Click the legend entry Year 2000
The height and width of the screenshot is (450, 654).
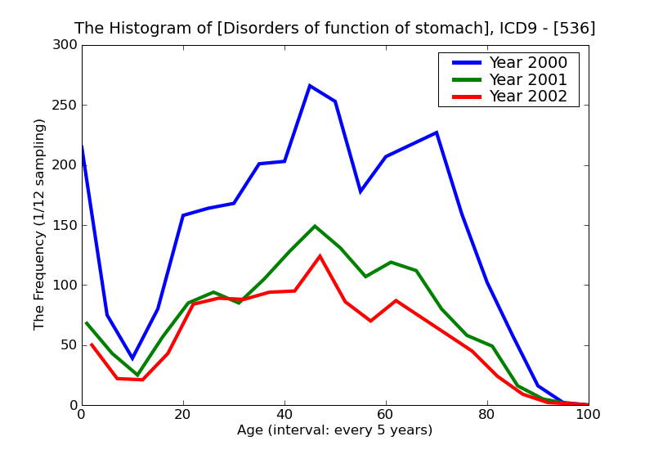(x=527, y=63)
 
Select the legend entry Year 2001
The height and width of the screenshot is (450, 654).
(x=527, y=79)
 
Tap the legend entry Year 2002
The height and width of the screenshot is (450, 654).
(x=527, y=97)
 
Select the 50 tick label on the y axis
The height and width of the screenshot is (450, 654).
(x=69, y=345)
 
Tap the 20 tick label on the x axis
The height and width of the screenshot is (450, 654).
(x=183, y=415)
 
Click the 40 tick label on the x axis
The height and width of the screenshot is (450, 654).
(x=284, y=415)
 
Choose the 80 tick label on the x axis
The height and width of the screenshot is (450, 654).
(x=487, y=415)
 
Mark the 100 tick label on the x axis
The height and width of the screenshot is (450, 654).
(x=588, y=415)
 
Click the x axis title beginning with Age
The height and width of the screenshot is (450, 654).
(x=334, y=430)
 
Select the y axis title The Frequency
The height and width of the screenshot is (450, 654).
(x=40, y=224)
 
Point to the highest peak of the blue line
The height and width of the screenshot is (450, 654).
(x=310, y=85)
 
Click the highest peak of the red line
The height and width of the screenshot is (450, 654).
(x=320, y=256)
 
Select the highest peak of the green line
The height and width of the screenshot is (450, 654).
(x=315, y=226)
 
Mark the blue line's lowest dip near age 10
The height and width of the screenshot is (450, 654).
(x=132, y=358)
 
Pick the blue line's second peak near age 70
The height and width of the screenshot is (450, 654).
(x=437, y=133)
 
